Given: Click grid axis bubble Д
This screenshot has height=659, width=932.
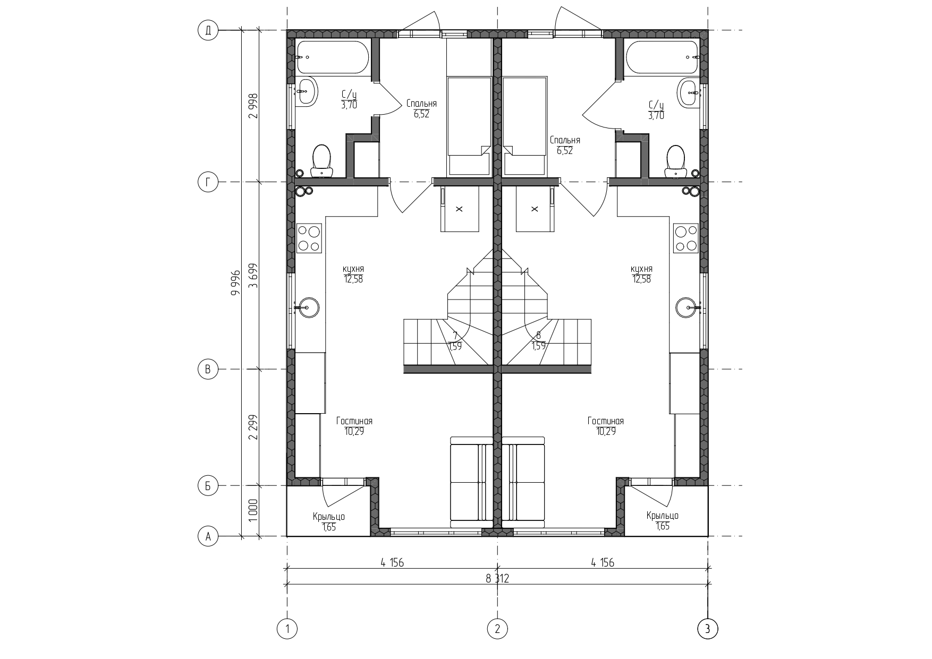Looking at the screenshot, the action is pyautogui.click(x=208, y=31).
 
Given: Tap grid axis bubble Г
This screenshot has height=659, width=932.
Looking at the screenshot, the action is pyautogui.click(x=208, y=182).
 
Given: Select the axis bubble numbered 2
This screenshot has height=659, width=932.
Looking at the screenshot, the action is pyautogui.click(x=497, y=629).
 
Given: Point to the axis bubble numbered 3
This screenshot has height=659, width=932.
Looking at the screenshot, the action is pyautogui.click(x=707, y=629).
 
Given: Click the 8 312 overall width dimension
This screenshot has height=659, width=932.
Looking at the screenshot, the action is pyautogui.click(x=497, y=578).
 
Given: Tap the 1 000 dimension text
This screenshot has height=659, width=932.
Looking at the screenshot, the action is pyautogui.click(x=253, y=510).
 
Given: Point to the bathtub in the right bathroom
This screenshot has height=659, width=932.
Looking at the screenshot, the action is pyautogui.click(x=662, y=57).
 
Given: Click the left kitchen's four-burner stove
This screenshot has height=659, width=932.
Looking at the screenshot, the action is pyautogui.click(x=309, y=238).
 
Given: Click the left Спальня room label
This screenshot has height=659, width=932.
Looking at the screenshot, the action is pyautogui.click(x=421, y=104).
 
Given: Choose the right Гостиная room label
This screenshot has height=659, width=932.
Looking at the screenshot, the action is pyautogui.click(x=606, y=421).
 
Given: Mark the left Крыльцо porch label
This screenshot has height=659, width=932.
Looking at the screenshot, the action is pyautogui.click(x=329, y=516).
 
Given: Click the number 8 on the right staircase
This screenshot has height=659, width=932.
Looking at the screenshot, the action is pyautogui.click(x=538, y=336).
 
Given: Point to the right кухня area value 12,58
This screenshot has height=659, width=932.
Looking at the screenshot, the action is pyautogui.click(x=641, y=279).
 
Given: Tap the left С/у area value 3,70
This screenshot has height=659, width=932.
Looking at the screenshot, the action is pyautogui.click(x=349, y=105).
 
